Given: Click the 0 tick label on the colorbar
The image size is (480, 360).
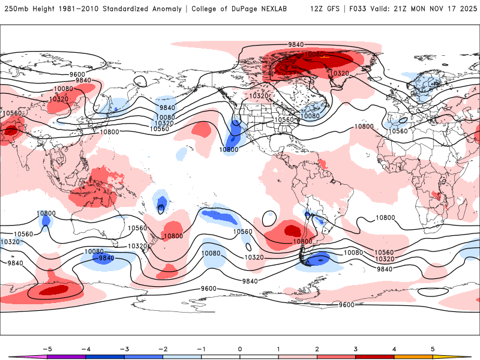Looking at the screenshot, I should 240,349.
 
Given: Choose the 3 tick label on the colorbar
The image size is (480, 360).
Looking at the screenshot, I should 356,349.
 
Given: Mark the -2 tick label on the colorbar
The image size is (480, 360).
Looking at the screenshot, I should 163,349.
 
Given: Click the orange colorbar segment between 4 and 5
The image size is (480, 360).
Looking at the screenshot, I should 414,356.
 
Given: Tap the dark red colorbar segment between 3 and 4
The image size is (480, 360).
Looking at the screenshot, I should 375,356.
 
